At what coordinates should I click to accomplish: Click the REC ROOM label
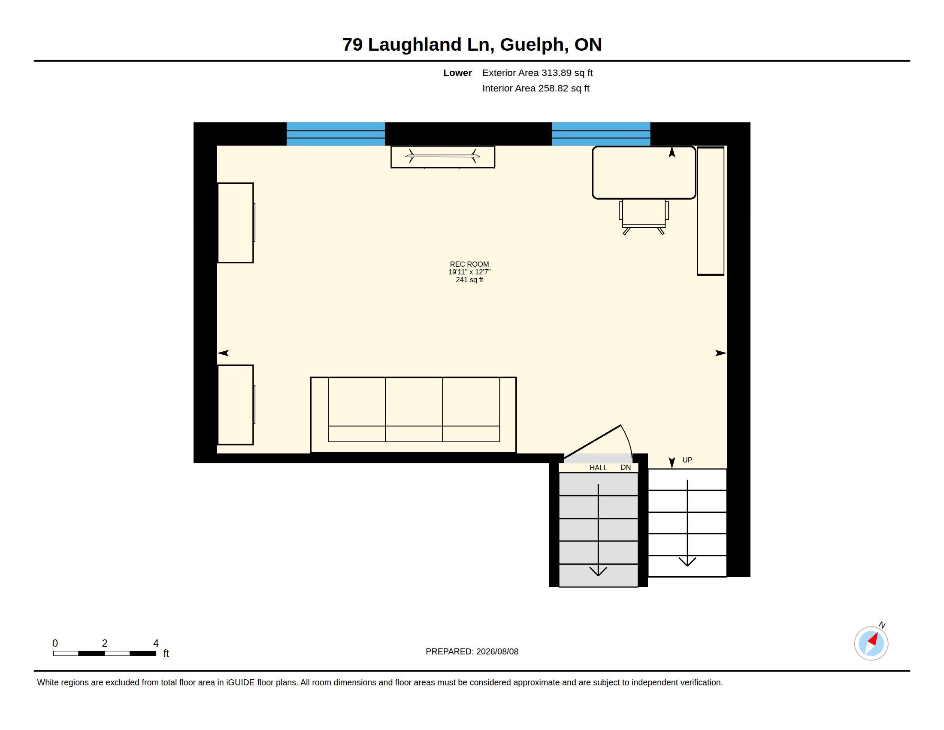469,264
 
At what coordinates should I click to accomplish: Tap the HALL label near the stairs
598,468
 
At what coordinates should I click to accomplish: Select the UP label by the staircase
687,460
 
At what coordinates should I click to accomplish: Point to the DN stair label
626,468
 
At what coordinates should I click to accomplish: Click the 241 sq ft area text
469,280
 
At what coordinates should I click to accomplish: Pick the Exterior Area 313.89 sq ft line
537,73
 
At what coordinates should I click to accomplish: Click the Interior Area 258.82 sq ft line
536,88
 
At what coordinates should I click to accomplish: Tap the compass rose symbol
871,643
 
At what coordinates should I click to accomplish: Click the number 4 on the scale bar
156,643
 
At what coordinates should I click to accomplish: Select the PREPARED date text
472,652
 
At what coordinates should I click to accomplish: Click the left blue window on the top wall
336,134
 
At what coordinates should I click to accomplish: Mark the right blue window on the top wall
601,134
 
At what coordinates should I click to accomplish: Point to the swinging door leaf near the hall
593,441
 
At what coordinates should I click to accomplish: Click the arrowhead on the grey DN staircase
598,571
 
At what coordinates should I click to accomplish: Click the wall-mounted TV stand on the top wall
443,158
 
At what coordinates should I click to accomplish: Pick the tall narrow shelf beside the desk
711,211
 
